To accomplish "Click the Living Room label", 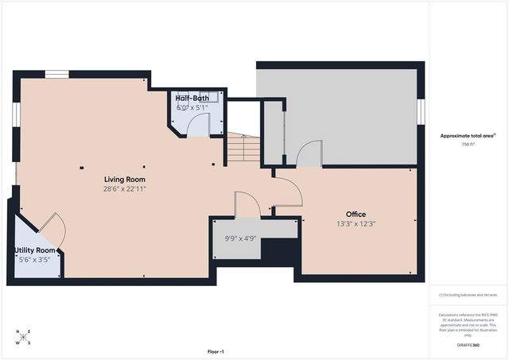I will (x=124, y=179).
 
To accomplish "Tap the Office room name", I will (x=355, y=214).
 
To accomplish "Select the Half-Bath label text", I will (x=192, y=98).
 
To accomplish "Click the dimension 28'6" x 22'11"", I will (x=124, y=189).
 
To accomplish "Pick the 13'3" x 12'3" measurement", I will (x=355, y=224).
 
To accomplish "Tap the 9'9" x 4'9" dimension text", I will (x=237, y=236).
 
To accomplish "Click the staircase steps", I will (x=243, y=149).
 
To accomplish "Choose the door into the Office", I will (x=288, y=191).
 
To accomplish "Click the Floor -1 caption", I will (x=216, y=350).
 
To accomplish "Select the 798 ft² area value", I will (x=468, y=145).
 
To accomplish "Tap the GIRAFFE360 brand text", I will (x=468, y=345).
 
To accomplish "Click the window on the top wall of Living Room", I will (x=56, y=75).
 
